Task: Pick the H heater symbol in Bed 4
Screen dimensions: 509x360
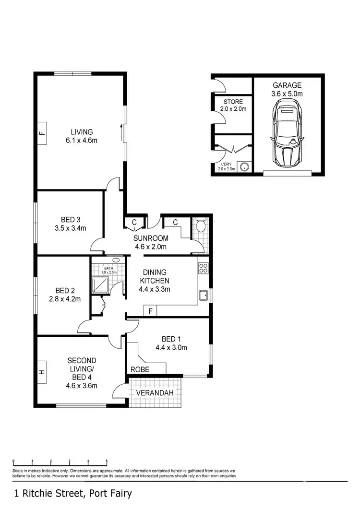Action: pos(42,372)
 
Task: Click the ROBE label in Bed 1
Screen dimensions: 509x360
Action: pos(140,370)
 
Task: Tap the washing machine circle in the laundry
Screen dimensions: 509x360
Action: pos(245,167)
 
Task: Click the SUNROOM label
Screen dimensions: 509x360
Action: pos(151,238)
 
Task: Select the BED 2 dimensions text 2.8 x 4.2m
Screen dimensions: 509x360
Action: pos(65,298)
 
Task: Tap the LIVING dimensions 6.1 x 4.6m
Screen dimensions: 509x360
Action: pos(82,141)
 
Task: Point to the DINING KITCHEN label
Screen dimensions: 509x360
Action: pos(155,276)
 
